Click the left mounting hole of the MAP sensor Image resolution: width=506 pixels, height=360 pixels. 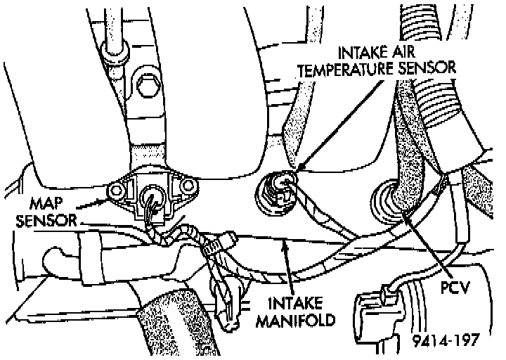coord(115,188)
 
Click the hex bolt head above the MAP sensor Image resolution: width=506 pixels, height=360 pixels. coord(147,87)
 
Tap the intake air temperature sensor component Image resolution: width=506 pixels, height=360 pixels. coord(277,190)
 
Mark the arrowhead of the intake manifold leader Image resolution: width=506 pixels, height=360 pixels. coord(282,243)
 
